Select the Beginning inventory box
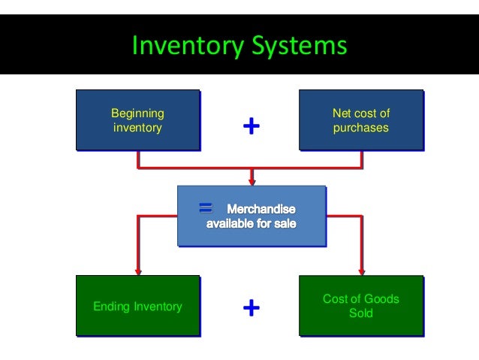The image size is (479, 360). [x=137, y=120]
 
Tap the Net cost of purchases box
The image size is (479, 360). [x=361, y=120]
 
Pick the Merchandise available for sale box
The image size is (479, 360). [x=252, y=216]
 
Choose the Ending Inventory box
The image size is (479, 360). [x=137, y=306]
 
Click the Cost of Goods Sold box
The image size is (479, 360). [x=361, y=306]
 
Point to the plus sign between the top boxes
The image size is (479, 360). [x=252, y=127]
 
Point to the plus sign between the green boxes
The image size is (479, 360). [x=252, y=307]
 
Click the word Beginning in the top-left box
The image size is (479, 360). [x=137, y=113]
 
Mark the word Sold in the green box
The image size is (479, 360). [x=361, y=313]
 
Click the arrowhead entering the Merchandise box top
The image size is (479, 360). [x=252, y=181]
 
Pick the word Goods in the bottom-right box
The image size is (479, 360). [x=380, y=298]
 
